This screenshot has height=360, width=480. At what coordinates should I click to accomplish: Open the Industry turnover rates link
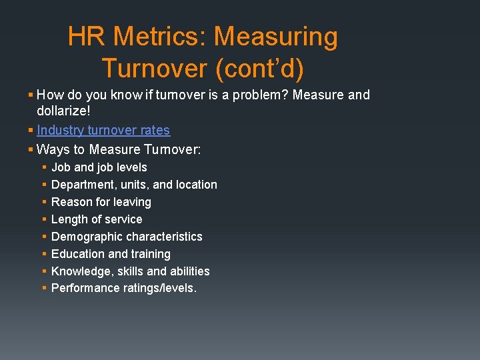point(103,130)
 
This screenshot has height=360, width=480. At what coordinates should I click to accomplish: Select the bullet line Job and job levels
point(99,167)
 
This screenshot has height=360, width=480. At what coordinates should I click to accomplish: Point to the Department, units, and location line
point(134,185)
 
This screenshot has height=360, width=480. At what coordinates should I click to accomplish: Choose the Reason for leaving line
point(101,202)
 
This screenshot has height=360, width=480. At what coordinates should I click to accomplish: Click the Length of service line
point(97,219)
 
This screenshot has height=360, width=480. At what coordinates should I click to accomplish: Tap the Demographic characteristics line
point(127,237)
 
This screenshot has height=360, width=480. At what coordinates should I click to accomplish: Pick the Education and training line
point(111,254)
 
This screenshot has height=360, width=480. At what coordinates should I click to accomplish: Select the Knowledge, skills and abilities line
point(131,271)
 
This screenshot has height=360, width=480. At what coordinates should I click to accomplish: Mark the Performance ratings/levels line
point(124,289)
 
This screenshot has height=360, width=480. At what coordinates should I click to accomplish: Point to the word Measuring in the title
point(276,37)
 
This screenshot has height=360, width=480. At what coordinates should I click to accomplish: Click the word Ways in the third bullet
point(51,149)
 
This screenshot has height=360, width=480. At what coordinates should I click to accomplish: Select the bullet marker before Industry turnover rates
point(31,130)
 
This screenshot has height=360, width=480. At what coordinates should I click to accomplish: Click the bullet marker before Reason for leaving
point(43,202)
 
